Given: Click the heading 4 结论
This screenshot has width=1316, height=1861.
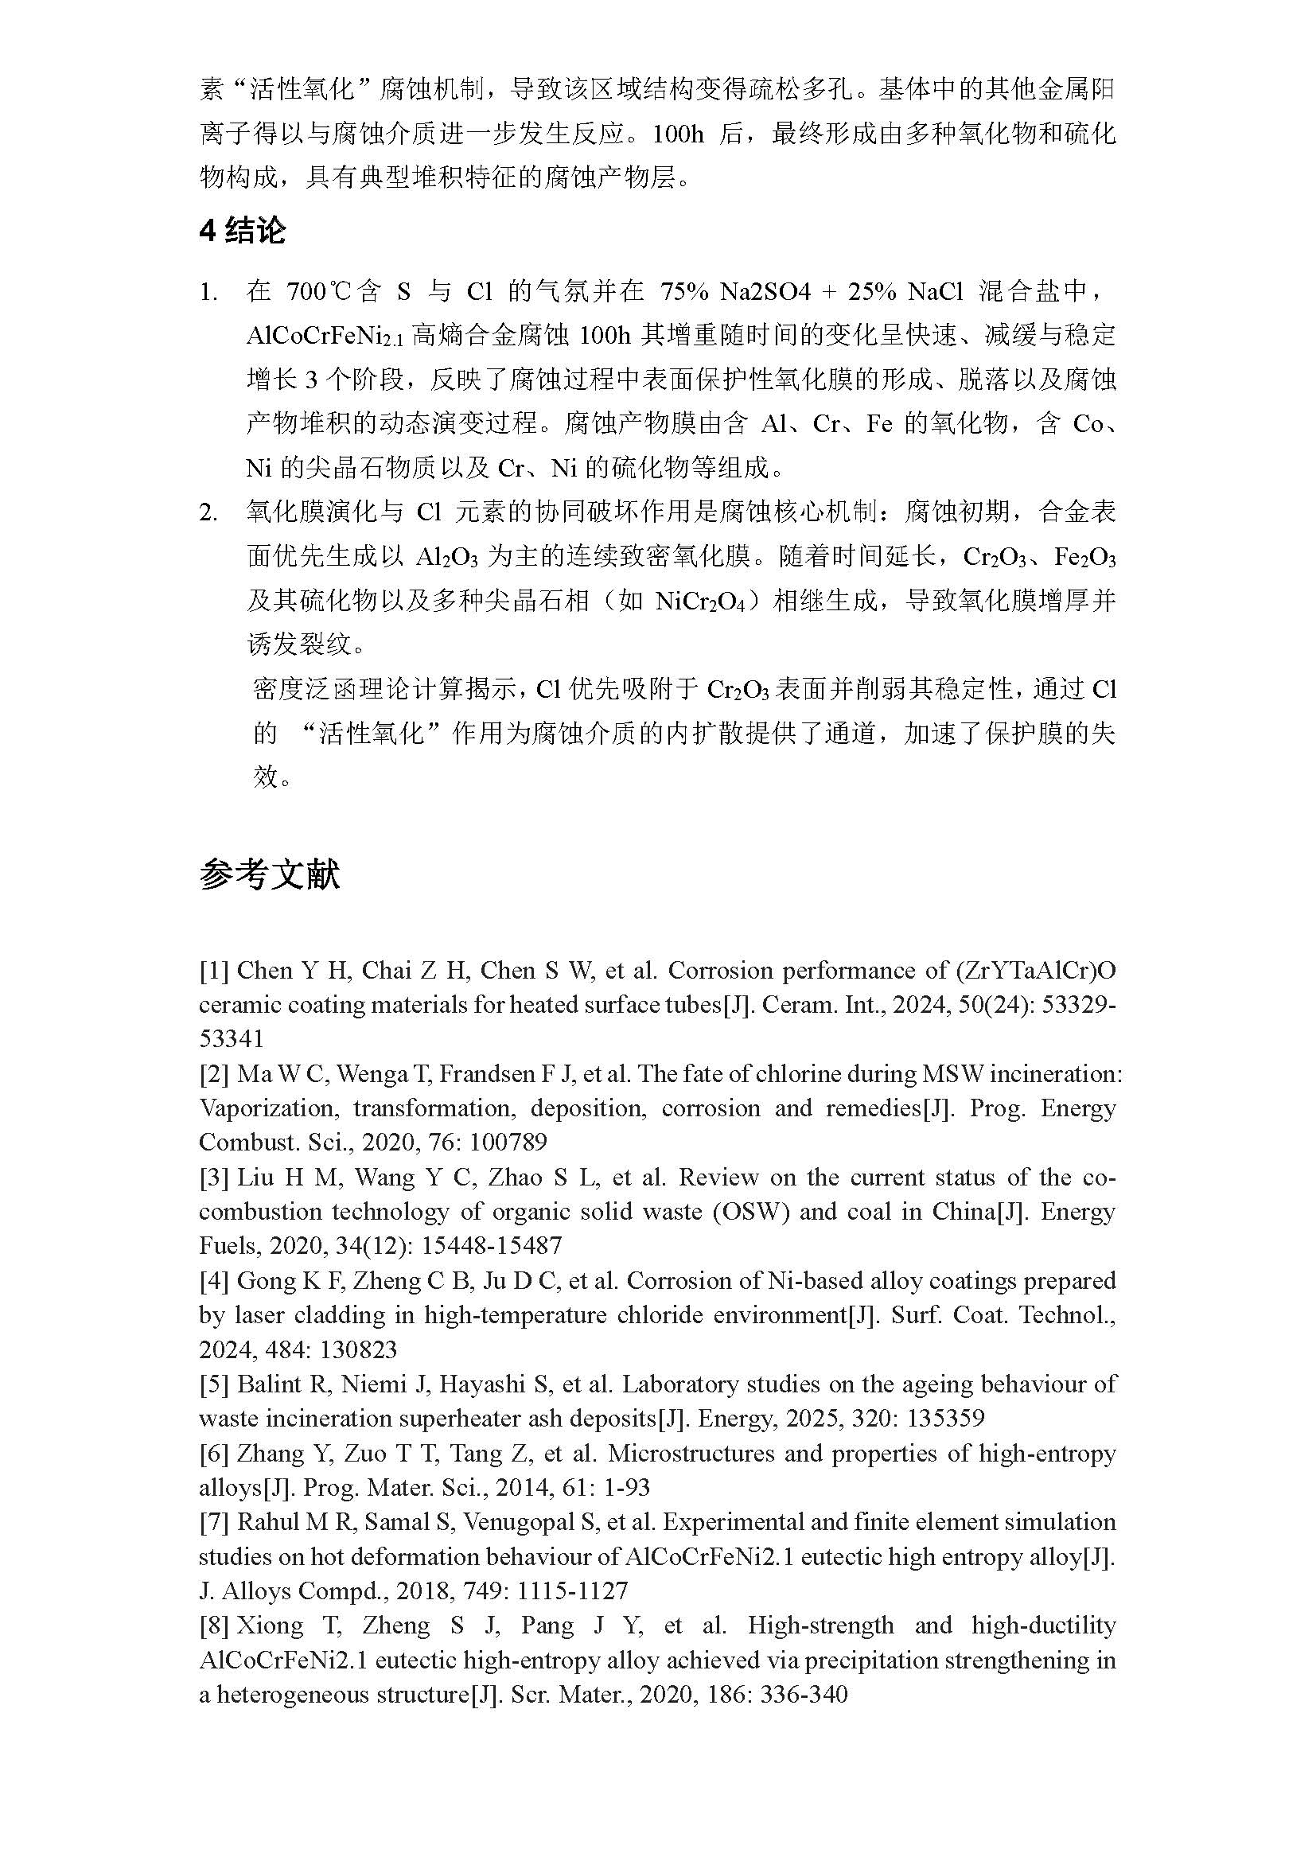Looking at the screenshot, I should tap(243, 231).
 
